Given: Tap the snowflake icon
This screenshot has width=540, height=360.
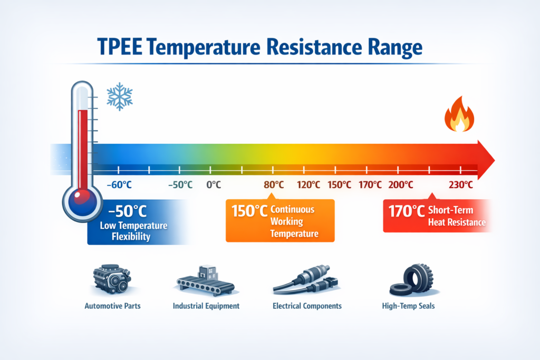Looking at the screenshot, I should click(119, 96).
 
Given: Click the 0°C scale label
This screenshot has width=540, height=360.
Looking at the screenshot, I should click(213, 185).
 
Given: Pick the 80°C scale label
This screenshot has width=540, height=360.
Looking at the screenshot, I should click(274, 185).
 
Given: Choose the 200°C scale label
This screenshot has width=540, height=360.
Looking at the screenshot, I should click(400, 185).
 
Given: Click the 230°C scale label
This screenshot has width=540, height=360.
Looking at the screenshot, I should click(460, 185).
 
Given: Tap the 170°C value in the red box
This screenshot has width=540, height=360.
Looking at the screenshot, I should click(406, 211).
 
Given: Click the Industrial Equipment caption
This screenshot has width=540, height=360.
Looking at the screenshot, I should click(206, 306).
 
